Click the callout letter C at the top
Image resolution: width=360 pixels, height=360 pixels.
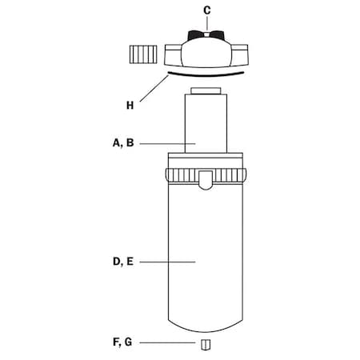tap(207, 10)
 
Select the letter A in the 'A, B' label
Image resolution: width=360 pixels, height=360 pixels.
tap(117, 144)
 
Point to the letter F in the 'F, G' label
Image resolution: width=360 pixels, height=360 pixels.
tap(117, 343)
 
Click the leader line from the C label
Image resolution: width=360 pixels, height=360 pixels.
tap(207, 23)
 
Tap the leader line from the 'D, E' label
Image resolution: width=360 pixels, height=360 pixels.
tap(169, 262)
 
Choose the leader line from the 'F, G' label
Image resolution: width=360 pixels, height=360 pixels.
tap(169, 343)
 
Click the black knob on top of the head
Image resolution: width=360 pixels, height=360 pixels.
tap(207, 34)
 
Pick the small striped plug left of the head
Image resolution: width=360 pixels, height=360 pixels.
tap(142, 56)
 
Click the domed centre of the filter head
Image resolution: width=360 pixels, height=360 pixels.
tap(207, 54)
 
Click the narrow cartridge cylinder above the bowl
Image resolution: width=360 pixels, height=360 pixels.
tap(207, 124)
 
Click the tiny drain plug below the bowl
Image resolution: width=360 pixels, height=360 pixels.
tap(206, 345)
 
